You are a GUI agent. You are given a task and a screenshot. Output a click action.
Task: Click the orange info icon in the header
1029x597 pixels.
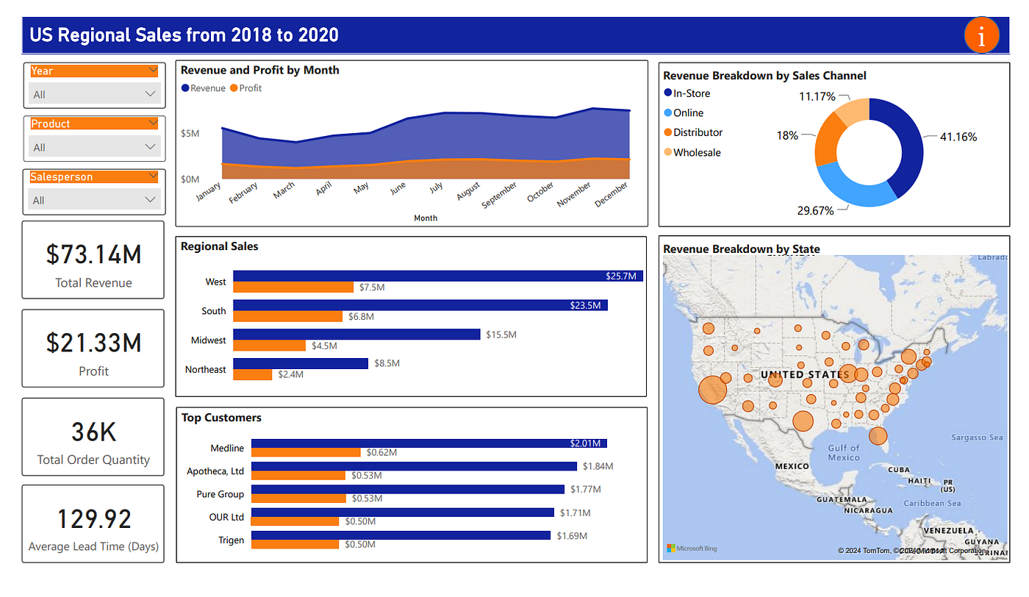tap(982, 35)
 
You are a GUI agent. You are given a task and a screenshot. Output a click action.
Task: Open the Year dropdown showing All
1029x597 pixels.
tap(94, 94)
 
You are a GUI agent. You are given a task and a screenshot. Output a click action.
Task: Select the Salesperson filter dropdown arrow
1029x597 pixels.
tap(152, 176)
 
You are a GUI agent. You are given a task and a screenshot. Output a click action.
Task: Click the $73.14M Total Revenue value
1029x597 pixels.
tap(93, 254)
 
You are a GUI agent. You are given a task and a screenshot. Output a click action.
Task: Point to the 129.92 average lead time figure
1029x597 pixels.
tap(93, 519)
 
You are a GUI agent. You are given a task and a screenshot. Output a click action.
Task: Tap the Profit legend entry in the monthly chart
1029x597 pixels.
tap(246, 88)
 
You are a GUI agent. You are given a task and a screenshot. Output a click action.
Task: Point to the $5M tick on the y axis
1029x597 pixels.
tap(190, 133)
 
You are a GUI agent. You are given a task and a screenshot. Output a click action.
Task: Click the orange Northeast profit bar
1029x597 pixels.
tap(252, 374)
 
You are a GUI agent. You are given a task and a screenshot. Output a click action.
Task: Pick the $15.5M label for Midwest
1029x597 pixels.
tap(501, 335)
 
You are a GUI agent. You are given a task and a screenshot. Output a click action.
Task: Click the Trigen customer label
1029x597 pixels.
tap(231, 540)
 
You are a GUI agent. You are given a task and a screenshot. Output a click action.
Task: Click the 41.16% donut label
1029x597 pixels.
tap(958, 137)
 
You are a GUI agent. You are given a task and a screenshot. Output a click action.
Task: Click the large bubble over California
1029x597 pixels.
tap(711, 390)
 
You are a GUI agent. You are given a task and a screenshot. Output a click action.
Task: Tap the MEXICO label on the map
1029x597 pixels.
tap(792, 466)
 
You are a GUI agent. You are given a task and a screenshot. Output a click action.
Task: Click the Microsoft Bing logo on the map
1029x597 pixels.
tap(692, 548)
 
